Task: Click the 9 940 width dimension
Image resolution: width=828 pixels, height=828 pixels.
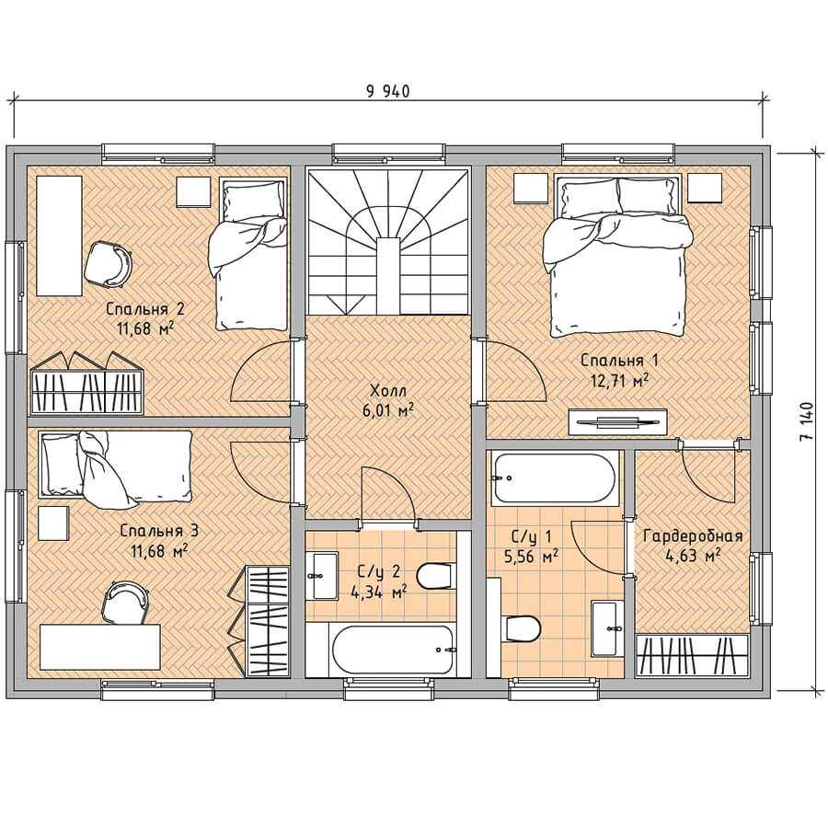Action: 388,91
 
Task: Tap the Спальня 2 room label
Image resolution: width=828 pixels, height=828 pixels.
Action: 145,308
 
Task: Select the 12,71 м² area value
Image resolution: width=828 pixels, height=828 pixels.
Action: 619,380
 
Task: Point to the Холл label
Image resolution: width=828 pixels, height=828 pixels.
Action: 388,391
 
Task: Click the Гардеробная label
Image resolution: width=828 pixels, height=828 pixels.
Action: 693,536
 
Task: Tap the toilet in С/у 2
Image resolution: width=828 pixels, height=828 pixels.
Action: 436,576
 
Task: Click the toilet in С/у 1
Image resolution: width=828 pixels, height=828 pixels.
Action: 523,628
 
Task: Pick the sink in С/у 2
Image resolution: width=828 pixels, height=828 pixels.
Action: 322,576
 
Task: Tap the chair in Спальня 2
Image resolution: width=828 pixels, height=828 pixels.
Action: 109,265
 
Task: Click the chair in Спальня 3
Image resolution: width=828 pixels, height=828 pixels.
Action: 126,603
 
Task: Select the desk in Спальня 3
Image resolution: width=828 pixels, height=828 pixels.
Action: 100,647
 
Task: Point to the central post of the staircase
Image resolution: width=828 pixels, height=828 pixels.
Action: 388,276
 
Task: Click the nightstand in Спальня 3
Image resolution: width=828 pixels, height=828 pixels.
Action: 54,523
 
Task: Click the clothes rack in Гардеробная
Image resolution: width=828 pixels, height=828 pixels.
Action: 693,655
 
